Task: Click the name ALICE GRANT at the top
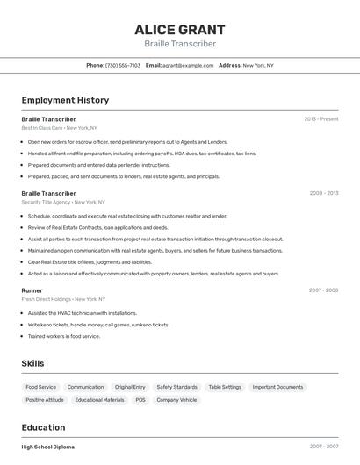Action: click(180, 30)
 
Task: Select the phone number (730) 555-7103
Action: click(123, 65)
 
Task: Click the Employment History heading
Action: click(65, 100)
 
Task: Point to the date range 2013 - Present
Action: click(321, 119)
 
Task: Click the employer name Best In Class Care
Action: click(42, 128)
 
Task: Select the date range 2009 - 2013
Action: click(323, 193)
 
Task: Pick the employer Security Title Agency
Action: click(46, 202)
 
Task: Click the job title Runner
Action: click(32, 290)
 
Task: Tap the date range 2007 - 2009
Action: click(323, 290)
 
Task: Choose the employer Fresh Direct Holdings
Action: click(47, 298)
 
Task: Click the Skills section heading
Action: click(32, 363)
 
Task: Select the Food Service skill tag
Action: click(40, 387)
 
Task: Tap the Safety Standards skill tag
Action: click(177, 387)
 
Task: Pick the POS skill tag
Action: click(140, 400)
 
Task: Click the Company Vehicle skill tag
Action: click(176, 400)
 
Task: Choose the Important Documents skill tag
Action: click(277, 387)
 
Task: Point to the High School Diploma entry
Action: click(47, 447)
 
